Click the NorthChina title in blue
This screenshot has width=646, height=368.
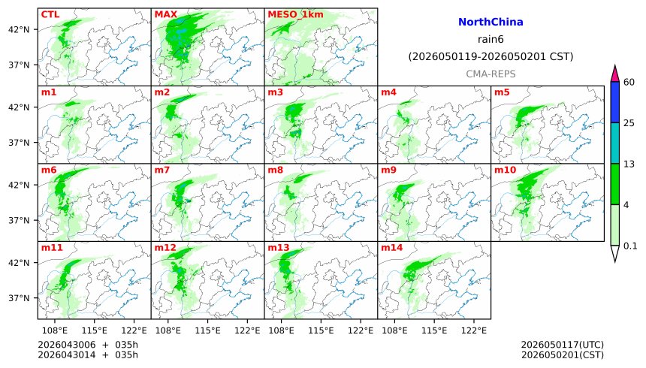click(x=491, y=23)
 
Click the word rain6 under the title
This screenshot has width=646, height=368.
click(x=491, y=39)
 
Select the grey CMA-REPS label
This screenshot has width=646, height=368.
click(x=491, y=74)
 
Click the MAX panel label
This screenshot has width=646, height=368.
click(x=165, y=14)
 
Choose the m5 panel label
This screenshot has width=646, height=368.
click(x=502, y=92)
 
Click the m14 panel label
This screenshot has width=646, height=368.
click(x=391, y=247)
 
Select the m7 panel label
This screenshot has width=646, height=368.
click(x=162, y=170)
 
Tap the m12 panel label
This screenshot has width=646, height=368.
click(x=165, y=247)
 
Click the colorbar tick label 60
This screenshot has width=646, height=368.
click(x=629, y=82)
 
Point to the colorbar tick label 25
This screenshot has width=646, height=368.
click(x=629, y=122)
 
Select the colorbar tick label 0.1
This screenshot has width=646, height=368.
click(x=630, y=246)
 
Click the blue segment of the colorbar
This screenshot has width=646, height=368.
click(x=614, y=101)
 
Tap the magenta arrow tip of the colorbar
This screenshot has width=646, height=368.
click(x=614, y=73)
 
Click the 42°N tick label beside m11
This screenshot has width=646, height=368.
click(x=18, y=263)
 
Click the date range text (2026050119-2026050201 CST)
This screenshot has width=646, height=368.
click(x=491, y=56)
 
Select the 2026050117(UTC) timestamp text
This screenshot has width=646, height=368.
click(x=562, y=345)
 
